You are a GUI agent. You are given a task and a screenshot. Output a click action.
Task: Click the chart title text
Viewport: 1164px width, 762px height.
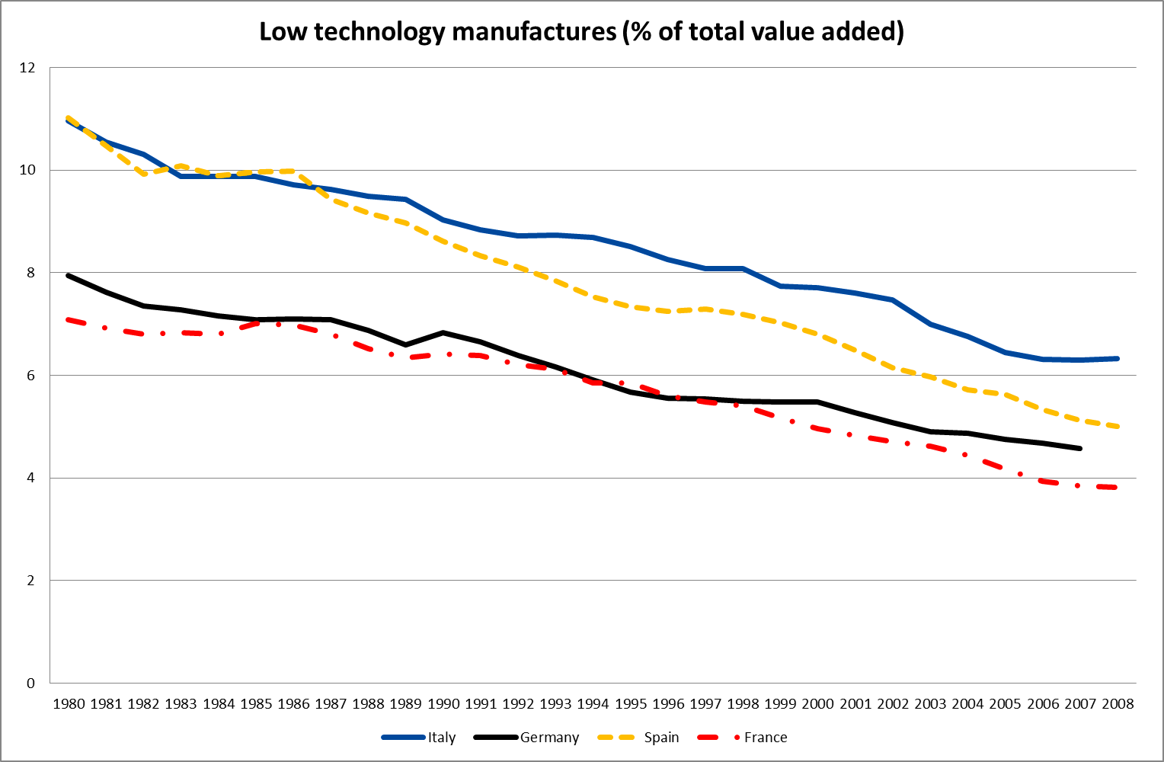pyautogui.click(x=581, y=32)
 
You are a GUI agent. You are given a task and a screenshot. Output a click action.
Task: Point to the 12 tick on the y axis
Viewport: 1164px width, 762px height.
pyautogui.click(x=27, y=68)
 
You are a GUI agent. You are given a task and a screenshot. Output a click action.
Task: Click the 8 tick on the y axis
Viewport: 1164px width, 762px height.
pyautogui.click(x=31, y=273)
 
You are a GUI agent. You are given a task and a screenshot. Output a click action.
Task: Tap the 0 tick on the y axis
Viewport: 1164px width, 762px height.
pyautogui.click(x=31, y=683)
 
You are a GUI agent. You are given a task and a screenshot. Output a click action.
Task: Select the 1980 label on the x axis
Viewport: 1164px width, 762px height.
pyautogui.click(x=69, y=704)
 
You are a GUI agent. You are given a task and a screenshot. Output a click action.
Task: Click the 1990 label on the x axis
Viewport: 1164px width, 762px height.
pyautogui.click(x=443, y=704)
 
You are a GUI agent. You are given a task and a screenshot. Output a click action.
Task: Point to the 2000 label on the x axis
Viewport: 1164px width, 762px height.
pyautogui.click(x=818, y=704)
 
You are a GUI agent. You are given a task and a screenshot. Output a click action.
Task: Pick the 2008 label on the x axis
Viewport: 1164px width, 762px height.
pyautogui.click(x=1118, y=704)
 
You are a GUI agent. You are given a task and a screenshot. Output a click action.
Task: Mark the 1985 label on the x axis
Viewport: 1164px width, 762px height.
pyautogui.click(x=256, y=704)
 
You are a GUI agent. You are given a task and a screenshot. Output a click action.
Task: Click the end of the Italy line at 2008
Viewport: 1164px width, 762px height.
pyautogui.click(x=1118, y=358)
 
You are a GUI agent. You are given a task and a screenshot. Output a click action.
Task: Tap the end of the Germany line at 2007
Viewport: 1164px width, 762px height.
pyautogui.click(x=1080, y=448)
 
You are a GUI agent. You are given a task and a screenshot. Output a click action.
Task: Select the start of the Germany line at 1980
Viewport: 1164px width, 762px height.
pyautogui.click(x=69, y=276)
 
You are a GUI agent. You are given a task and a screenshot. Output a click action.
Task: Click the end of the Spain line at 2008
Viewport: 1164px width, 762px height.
pyautogui.click(x=1118, y=427)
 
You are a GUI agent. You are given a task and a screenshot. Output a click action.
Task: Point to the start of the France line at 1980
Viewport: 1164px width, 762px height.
pyautogui.click(x=69, y=319)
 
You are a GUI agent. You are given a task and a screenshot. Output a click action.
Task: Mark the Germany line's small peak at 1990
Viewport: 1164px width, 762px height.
pyautogui.click(x=443, y=332)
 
